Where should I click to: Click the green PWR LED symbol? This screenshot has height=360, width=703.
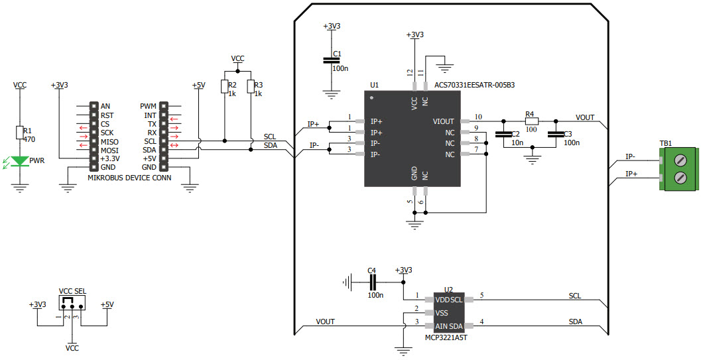tap(20, 160)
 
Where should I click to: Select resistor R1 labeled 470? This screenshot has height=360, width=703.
tap(20, 133)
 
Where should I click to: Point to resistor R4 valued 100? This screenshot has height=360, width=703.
tap(531, 121)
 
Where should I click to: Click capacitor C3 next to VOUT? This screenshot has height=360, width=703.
tap(556, 135)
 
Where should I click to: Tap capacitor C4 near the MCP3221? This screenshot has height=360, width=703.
tap(371, 282)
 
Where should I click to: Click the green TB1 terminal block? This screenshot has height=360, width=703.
tap(677, 168)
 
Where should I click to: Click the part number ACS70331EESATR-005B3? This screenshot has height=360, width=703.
tap(474, 85)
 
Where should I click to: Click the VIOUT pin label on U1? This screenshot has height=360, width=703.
tap(444, 121)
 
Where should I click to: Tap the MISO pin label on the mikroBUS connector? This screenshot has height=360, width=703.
tap(110, 141)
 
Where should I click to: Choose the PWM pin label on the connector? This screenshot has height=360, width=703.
tap(148, 106)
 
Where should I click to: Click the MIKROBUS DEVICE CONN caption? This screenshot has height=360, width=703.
tap(130, 178)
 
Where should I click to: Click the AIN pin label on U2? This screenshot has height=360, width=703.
tap(441, 326)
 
